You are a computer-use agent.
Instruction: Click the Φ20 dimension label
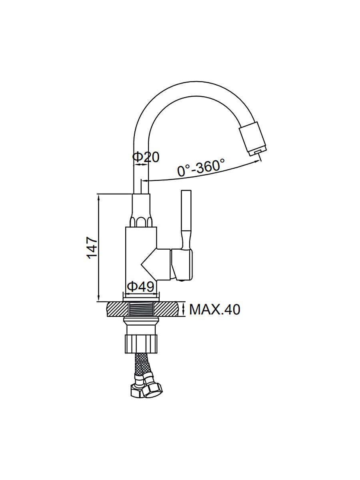coord(146,157)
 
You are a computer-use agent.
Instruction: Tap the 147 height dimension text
coord(92,248)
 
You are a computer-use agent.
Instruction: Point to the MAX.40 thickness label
coord(215,309)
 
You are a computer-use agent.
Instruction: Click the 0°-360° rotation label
coord(201,168)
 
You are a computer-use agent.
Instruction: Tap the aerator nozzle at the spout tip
coord(253,140)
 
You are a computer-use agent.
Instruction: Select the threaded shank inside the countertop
coord(141,309)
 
